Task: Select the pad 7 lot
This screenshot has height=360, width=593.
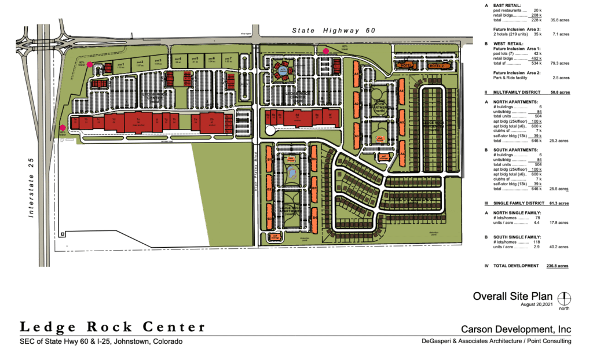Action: point(228,59)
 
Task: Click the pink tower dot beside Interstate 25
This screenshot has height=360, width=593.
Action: point(63,128)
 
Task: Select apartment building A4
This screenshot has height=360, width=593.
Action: point(401,153)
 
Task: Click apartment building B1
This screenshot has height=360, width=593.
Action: point(269,159)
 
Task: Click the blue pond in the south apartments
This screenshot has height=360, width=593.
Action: point(292,172)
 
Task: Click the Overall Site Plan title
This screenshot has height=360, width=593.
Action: point(513,296)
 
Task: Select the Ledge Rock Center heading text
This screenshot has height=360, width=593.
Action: point(112,327)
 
